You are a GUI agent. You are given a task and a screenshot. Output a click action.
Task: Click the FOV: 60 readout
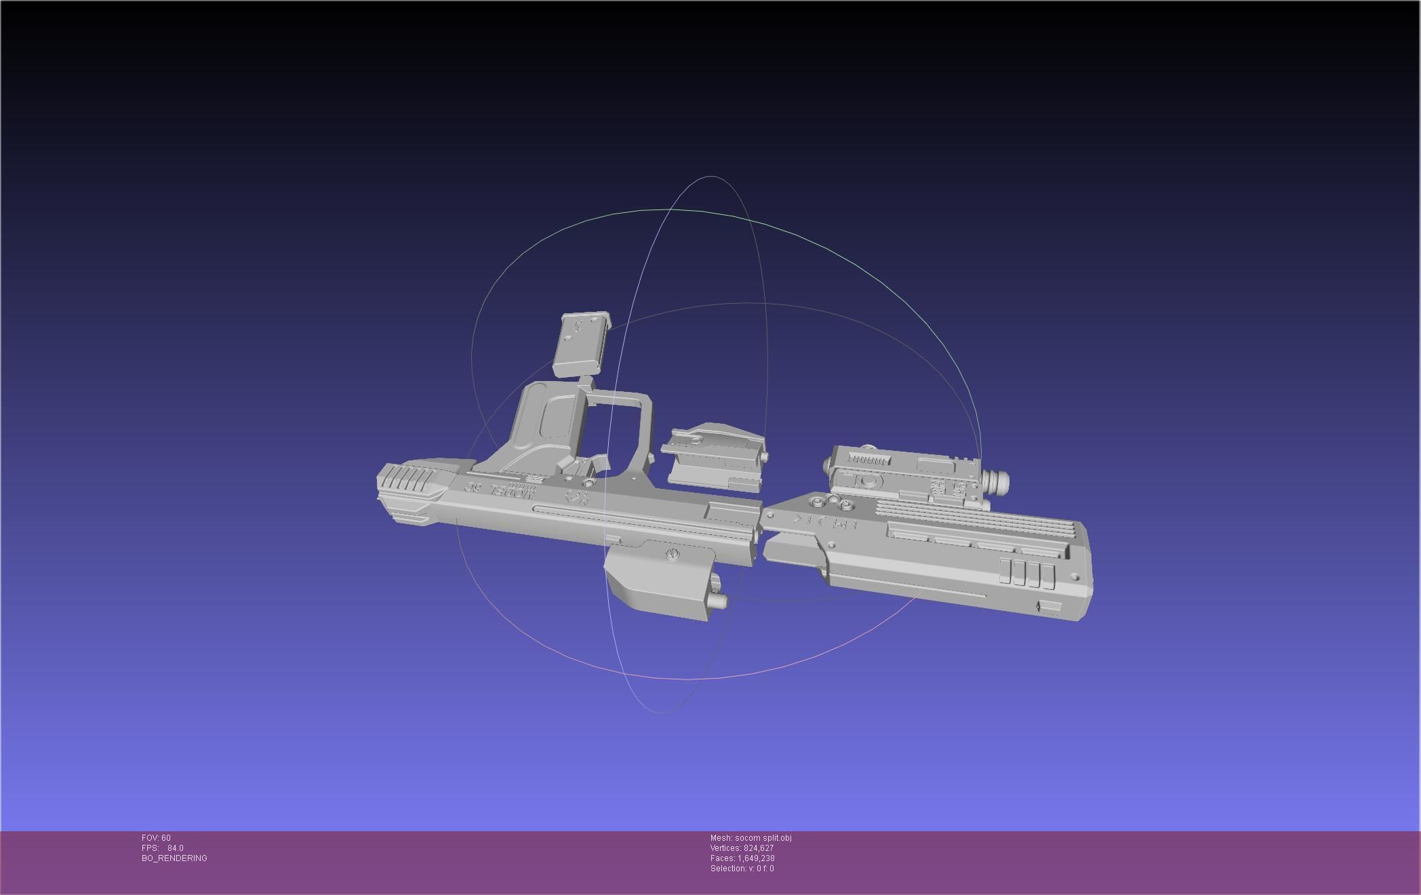(x=156, y=838)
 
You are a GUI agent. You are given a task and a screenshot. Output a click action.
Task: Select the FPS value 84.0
(x=176, y=848)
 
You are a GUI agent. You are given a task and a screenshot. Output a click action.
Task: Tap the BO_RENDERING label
(x=174, y=858)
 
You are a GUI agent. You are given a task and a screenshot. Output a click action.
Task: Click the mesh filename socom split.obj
(x=763, y=838)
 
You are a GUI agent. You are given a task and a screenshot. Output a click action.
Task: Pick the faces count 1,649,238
(x=756, y=858)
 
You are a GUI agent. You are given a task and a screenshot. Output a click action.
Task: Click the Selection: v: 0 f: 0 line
(x=742, y=869)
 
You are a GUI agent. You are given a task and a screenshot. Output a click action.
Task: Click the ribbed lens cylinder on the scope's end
(x=996, y=483)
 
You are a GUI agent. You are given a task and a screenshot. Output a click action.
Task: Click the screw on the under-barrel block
(x=672, y=555)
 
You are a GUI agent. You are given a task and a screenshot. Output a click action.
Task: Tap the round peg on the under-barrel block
(x=718, y=600)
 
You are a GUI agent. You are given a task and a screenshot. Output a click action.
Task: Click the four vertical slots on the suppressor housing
(x=1027, y=573)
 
